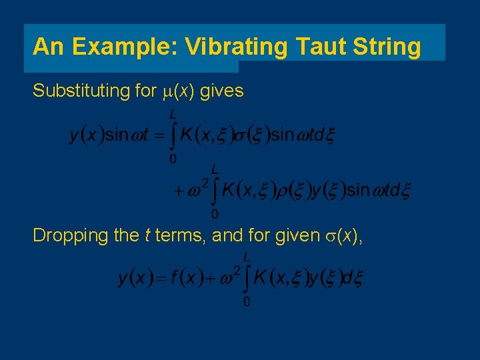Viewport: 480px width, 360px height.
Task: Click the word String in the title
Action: click(x=388, y=47)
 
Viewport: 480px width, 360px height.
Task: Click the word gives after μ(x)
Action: click(x=221, y=90)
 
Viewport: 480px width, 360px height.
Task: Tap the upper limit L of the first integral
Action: click(x=172, y=115)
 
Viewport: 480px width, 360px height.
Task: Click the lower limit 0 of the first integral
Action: click(x=173, y=159)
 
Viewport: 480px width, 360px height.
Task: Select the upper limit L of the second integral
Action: click(x=214, y=169)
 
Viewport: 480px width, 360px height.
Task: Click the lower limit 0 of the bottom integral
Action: click(x=247, y=302)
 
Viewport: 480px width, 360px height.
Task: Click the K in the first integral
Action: click(x=188, y=135)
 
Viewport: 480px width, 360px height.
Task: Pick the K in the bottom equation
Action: click(x=261, y=278)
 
